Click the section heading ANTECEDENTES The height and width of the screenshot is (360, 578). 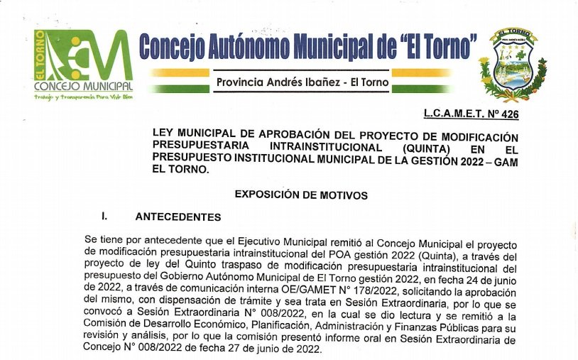pyautogui.click(x=178, y=217)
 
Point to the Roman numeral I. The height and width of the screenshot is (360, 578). pyautogui.click(x=104, y=217)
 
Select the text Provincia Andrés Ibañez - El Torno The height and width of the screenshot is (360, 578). pyautogui.click(x=302, y=82)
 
